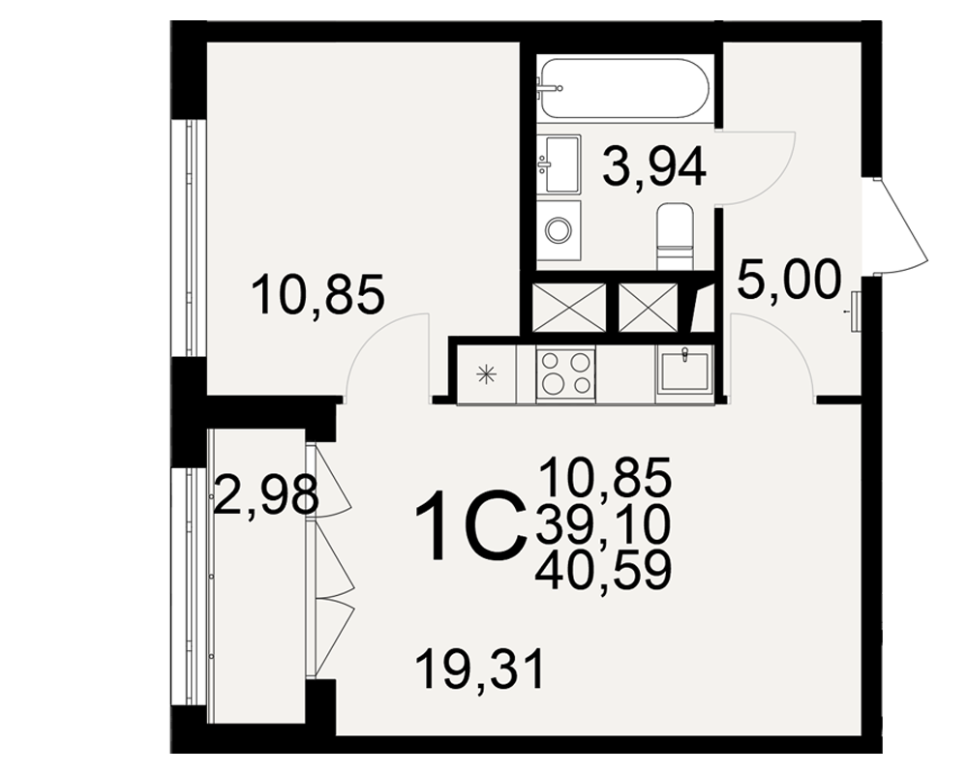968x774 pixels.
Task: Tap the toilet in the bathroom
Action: (676, 237)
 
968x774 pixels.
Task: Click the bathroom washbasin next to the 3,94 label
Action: (559, 164)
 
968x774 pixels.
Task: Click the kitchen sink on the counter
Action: (683, 369)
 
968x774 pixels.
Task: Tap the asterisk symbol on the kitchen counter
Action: (487, 373)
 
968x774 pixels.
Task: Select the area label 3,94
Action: (654, 168)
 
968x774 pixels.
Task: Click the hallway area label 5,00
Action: (790, 280)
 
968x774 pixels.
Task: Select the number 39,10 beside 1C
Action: (603, 524)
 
